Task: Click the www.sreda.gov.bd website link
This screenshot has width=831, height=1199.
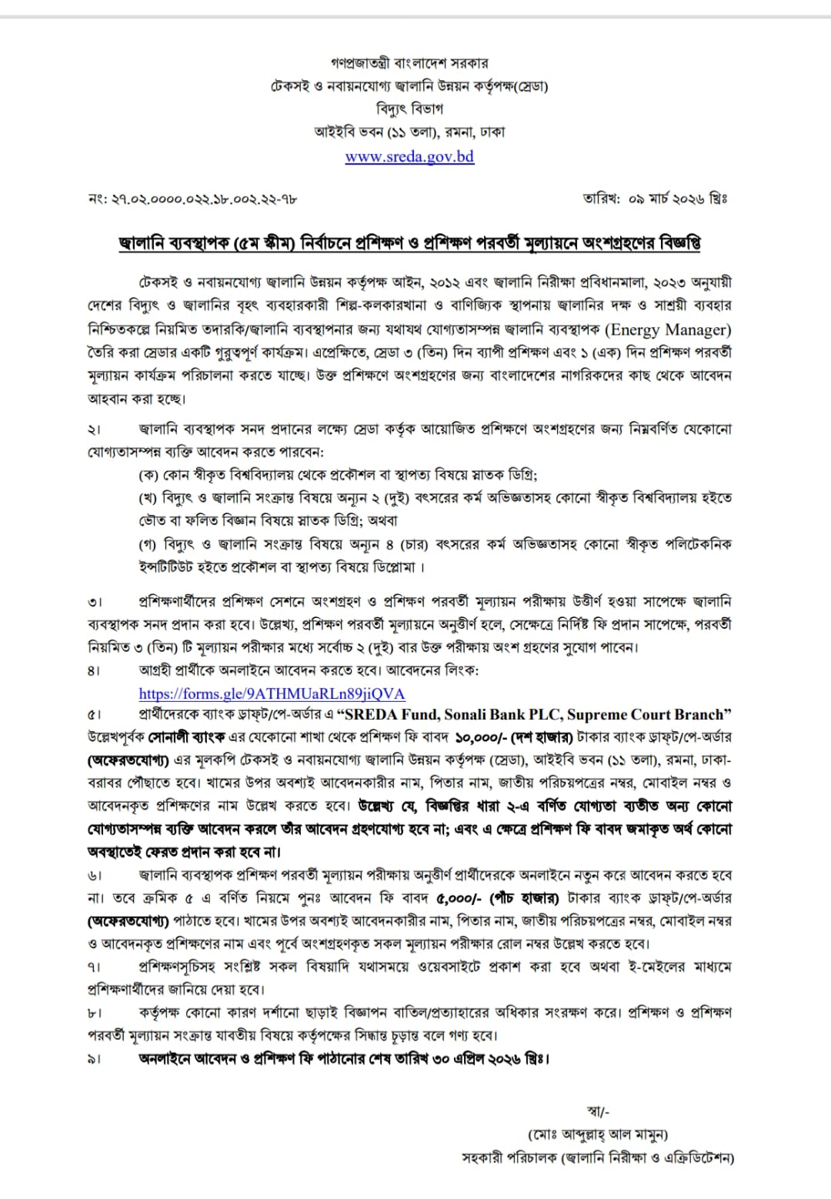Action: click(x=409, y=156)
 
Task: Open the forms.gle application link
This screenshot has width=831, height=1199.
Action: click(x=272, y=693)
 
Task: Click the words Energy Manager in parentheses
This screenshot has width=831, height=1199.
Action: click(x=668, y=329)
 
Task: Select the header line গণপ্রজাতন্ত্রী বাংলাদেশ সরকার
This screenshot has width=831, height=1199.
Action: click(x=409, y=63)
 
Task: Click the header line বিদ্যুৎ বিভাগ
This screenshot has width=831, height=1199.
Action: click(x=409, y=109)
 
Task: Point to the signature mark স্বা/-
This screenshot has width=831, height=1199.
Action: click(x=598, y=1110)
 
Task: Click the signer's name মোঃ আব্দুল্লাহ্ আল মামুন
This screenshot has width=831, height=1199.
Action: click(x=598, y=1134)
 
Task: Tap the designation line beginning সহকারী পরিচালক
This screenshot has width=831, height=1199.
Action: click(x=598, y=1157)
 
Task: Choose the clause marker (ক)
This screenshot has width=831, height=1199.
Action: click(x=148, y=475)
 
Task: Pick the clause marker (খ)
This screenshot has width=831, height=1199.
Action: click(x=148, y=498)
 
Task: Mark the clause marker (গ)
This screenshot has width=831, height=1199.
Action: click(x=148, y=544)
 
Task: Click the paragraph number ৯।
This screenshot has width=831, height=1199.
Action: click(x=93, y=1059)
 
